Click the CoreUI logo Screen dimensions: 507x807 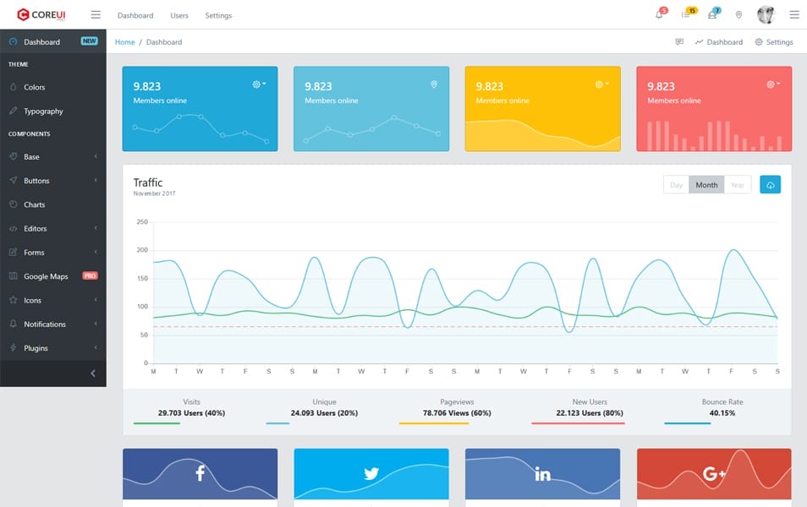41,14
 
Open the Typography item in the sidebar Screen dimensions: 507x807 43,112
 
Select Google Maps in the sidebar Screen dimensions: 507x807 46,276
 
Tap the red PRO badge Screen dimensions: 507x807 90,276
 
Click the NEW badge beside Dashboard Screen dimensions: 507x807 89,41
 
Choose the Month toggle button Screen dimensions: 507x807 706,185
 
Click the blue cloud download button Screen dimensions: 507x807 770,185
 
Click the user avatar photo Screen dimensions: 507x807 766,14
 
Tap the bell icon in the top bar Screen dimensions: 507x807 659,14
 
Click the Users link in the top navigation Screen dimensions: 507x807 179,15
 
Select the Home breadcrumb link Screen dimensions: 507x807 124,41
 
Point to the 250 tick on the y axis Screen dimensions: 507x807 142,221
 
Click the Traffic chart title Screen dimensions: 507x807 148,183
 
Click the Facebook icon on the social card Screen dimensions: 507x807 200,473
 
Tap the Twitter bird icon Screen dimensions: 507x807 371,473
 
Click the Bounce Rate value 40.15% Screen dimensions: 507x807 722,413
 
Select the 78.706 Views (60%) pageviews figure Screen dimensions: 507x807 457,413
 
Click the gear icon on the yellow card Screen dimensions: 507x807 600,84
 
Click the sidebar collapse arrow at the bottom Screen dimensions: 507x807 93,373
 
